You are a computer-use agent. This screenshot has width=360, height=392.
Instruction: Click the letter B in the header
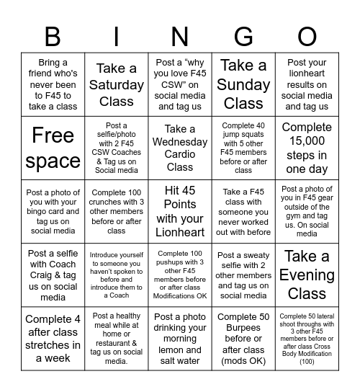pyautogui.click(x=53, y=36)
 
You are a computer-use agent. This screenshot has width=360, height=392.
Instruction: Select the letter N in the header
pyautogui.click(x=180, y=36)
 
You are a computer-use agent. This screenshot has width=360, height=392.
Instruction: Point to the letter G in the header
pyautogui.click(x=243, y=36)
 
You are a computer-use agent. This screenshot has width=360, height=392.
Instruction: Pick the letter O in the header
pyautogui.click(x=307, y=36)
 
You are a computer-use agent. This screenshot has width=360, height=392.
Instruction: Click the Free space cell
pyautogui.click(x=53, y=148)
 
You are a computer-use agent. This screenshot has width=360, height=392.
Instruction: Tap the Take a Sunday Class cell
pyautogui.click(x=243, y=85)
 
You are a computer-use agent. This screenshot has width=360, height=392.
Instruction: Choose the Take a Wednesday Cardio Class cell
pyautogui.click(x=180, y=148)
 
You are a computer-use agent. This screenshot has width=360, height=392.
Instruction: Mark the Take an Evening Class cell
pyautogui.click(x=307, y=275)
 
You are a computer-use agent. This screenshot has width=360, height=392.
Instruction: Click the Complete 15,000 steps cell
pyautogui.click(x=307, y=148)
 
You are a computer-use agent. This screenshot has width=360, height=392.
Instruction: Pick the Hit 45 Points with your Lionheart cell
pyautogui.click(x=180, y=212)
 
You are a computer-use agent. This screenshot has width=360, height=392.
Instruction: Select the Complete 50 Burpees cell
pyautogui.click(x=243, y=339)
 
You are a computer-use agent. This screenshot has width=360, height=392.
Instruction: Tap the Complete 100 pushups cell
pyautogui.click(x=180, y=275)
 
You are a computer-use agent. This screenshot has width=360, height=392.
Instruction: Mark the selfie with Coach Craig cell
pyautogui.click(x=53, y=275)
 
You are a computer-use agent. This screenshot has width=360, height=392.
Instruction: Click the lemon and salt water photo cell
pyautogui.click(x=180, y=339)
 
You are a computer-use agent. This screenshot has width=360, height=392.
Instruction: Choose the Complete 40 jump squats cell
pyautogui.click(x=243, y=148)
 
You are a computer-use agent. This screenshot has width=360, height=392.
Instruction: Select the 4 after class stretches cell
pyautogui.click(x=53, y=339)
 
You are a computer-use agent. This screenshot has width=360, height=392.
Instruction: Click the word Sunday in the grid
pyautogui.click(x=243, y=85)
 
